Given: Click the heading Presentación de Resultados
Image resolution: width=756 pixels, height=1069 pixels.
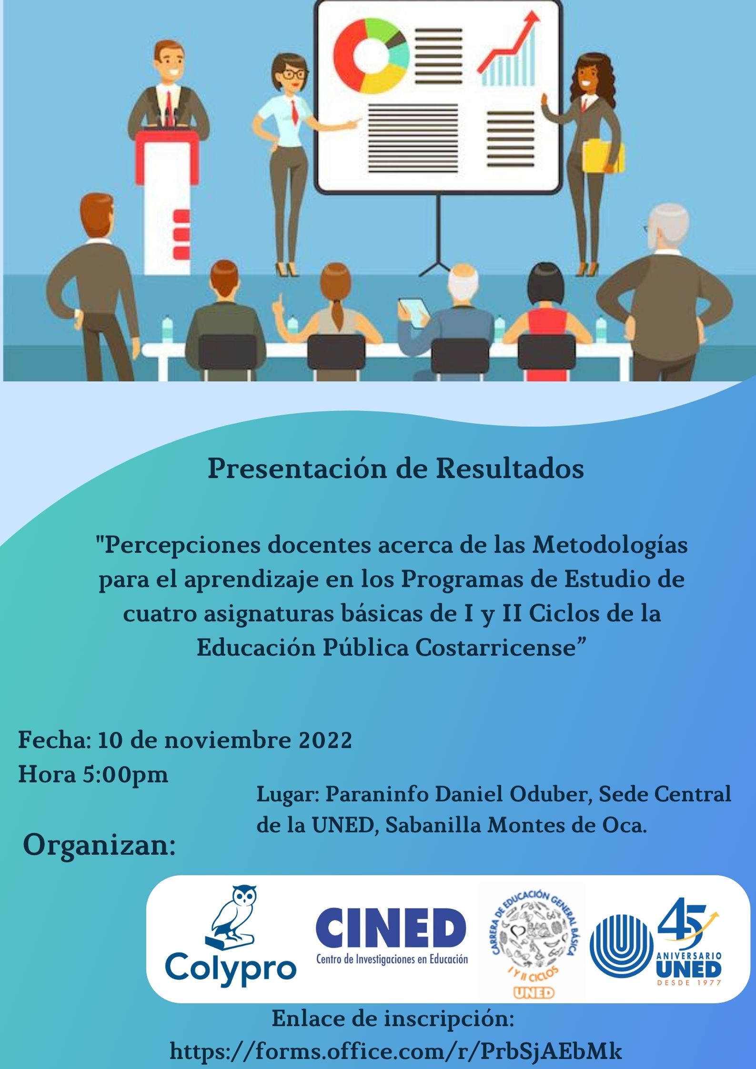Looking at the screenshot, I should tap(395, 470).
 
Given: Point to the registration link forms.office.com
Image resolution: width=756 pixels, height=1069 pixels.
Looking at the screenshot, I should tap(395, 1051).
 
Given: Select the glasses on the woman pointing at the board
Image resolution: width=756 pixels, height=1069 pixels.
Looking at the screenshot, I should tap(292, 74).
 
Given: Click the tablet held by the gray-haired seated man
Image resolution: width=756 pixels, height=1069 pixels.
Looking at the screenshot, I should tap(413, 311).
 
